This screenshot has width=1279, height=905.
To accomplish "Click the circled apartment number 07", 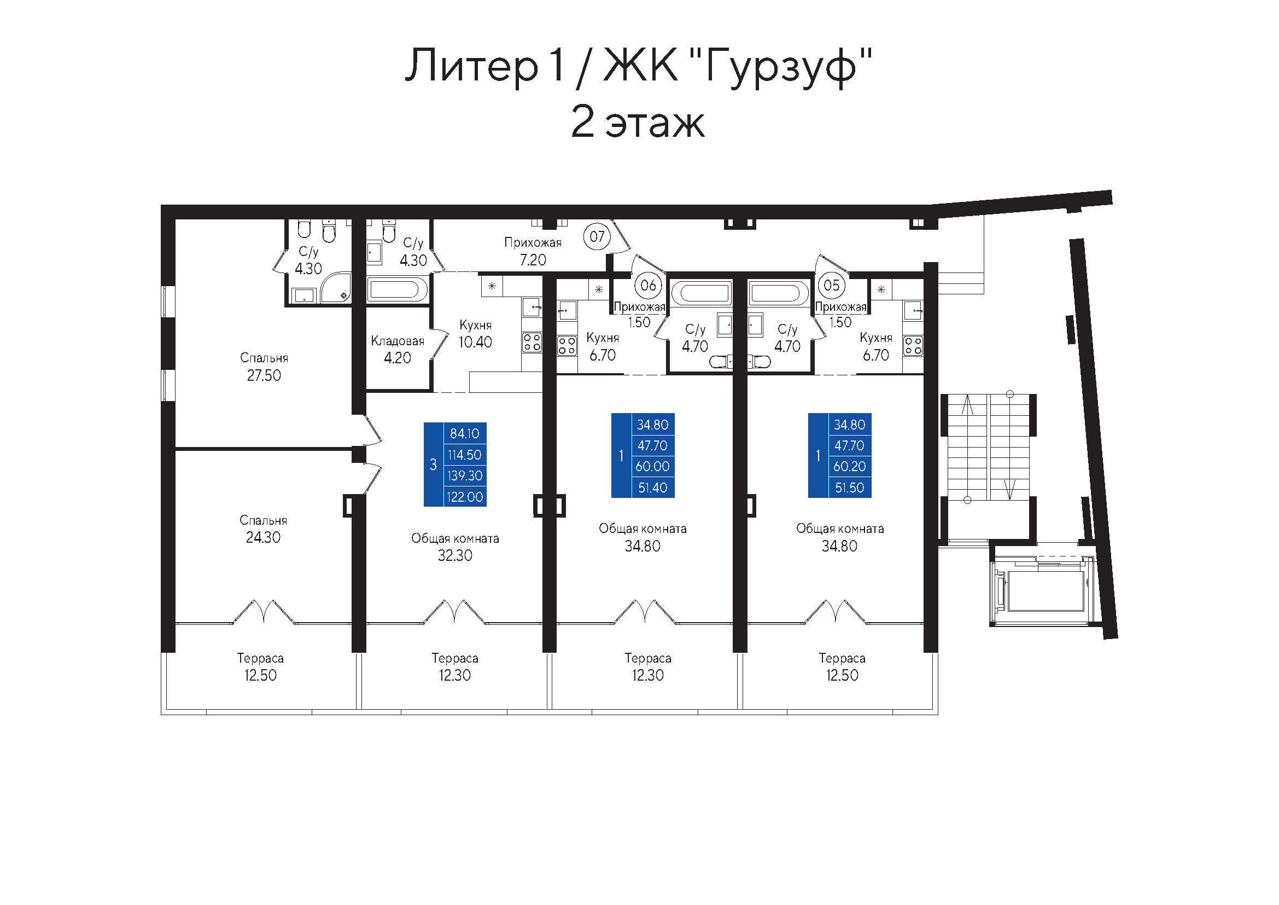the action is pos(597,236).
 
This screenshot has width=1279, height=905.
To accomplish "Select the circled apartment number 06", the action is pos(648,285).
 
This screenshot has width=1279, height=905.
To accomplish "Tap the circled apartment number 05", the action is pos(831,285).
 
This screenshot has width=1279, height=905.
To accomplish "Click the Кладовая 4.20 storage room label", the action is pos(397,350).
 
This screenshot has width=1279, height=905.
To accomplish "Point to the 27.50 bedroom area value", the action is pos(264,375).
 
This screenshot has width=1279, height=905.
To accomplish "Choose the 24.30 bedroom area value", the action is pos(263,537).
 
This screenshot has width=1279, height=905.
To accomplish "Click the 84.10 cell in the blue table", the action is pos(465,433).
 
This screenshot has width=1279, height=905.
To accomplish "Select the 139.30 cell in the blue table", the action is pos(465,475).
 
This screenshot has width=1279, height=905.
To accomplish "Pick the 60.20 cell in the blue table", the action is pos(850,466).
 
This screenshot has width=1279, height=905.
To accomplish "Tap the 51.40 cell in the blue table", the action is pos(652,488).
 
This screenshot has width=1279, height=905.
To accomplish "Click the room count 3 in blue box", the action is pos(433,464).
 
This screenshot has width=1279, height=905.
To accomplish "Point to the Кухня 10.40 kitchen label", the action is pos(475,333).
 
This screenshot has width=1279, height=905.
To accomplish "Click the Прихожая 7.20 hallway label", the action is pos(533,251).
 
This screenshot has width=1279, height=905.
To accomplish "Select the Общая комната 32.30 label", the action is pos(455,547).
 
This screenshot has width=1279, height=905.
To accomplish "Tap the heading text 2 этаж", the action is pos(638,121).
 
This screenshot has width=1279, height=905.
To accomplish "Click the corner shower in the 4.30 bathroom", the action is pos(336,287).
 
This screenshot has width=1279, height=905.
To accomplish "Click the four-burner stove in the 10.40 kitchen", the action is pos(532,342).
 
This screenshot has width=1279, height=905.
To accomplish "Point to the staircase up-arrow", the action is pos(968,404).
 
